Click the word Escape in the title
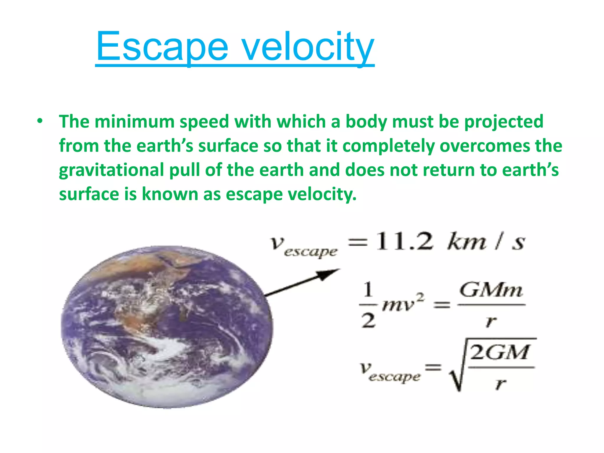coord(162,47)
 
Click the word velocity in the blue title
coord(308,47)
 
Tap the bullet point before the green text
coord(40,121)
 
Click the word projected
coord(503,122)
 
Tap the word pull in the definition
coord(184,170)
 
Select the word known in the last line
coord(170,194)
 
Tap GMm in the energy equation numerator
coord(491,291)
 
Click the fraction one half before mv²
coord(368,305)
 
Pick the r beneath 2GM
coord(500,383)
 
